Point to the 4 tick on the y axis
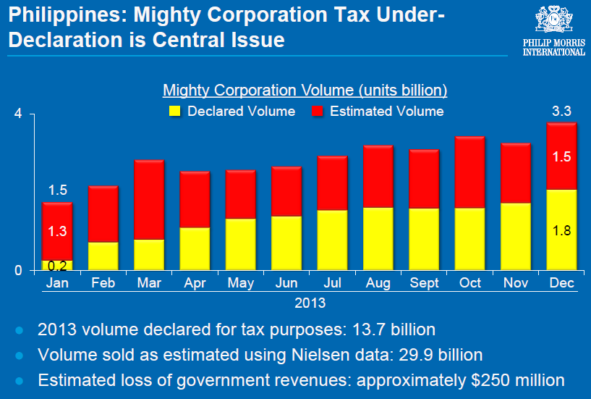tap(19, 114)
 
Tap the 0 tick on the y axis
tap(19, 270)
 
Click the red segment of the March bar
tap(150, 199)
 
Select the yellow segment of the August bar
tap(378, 239)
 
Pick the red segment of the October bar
tap(469, 172)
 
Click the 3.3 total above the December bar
tap(562, 112)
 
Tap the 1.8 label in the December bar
tap(562, 231)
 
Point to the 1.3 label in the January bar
tap(58, 231)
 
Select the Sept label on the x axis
tap(424, 283)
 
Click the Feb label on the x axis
tap(103, 283)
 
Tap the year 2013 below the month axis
tap(310, 301)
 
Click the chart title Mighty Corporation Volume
tap(305, 91)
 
